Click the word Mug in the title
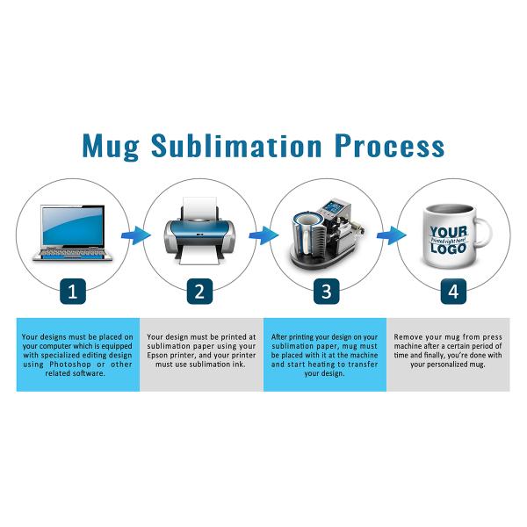click(111, 147)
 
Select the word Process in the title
click(389, 146)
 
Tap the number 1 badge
click(73, 292)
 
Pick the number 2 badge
click(199, 292)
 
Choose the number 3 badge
click(327, 292)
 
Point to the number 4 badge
click(453, 292)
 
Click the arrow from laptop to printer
click(136, 235)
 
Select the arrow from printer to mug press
click(263, 235)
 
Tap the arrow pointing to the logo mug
click(391, 235)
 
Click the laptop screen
click(73, 226)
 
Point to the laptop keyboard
click(72, 252)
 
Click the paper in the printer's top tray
click(200, 207)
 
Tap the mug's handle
click(484, 232)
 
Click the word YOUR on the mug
click(449, 232)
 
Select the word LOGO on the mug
click(448, 249)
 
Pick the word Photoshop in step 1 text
click(70, 365)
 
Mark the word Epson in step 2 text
click(157, 355)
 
